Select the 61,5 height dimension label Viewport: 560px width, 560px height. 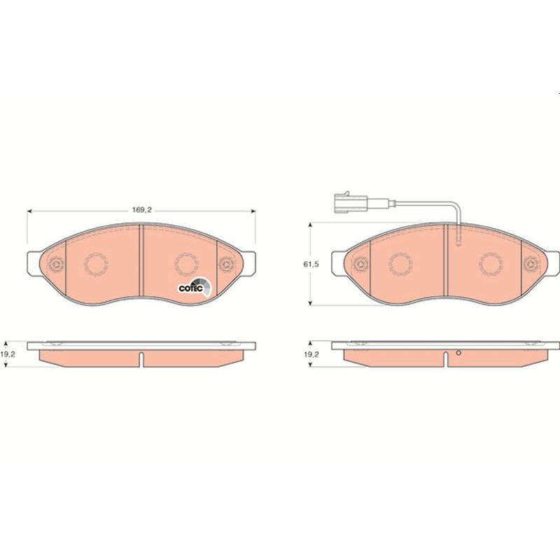pos(310,265)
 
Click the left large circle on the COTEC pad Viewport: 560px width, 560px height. pos(97,264)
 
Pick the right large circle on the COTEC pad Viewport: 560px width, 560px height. pos(186,264)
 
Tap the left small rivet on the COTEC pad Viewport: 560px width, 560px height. pos(55,264)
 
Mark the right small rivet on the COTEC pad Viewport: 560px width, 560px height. pos(226,264)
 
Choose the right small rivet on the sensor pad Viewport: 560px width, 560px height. pos(531,264)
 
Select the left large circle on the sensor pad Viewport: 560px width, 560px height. pos(402,264)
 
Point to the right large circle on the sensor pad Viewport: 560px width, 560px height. pos(491,264)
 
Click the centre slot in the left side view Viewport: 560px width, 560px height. pos(141,358)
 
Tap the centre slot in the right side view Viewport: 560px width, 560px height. pos(446,358)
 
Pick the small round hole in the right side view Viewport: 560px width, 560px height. pos(458,352)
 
